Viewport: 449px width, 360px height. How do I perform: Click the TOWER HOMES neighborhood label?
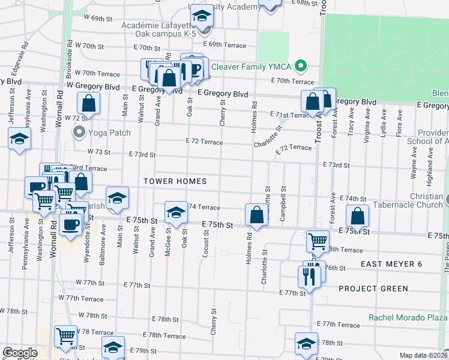click(175, 181)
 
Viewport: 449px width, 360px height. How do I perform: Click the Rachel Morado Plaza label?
click(408, 318)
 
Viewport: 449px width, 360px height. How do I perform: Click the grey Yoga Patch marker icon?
click(79, 131)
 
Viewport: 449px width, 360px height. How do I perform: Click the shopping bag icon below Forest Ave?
click(357, 217)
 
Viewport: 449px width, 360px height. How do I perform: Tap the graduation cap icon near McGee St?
click(175, 212)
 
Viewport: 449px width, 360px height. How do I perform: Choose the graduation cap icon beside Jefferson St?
click(19, 139)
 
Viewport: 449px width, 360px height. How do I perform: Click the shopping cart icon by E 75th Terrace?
click(318, 241)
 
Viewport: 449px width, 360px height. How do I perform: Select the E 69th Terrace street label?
click(224, 45)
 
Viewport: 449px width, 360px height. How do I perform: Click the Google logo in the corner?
click(20, 353)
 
